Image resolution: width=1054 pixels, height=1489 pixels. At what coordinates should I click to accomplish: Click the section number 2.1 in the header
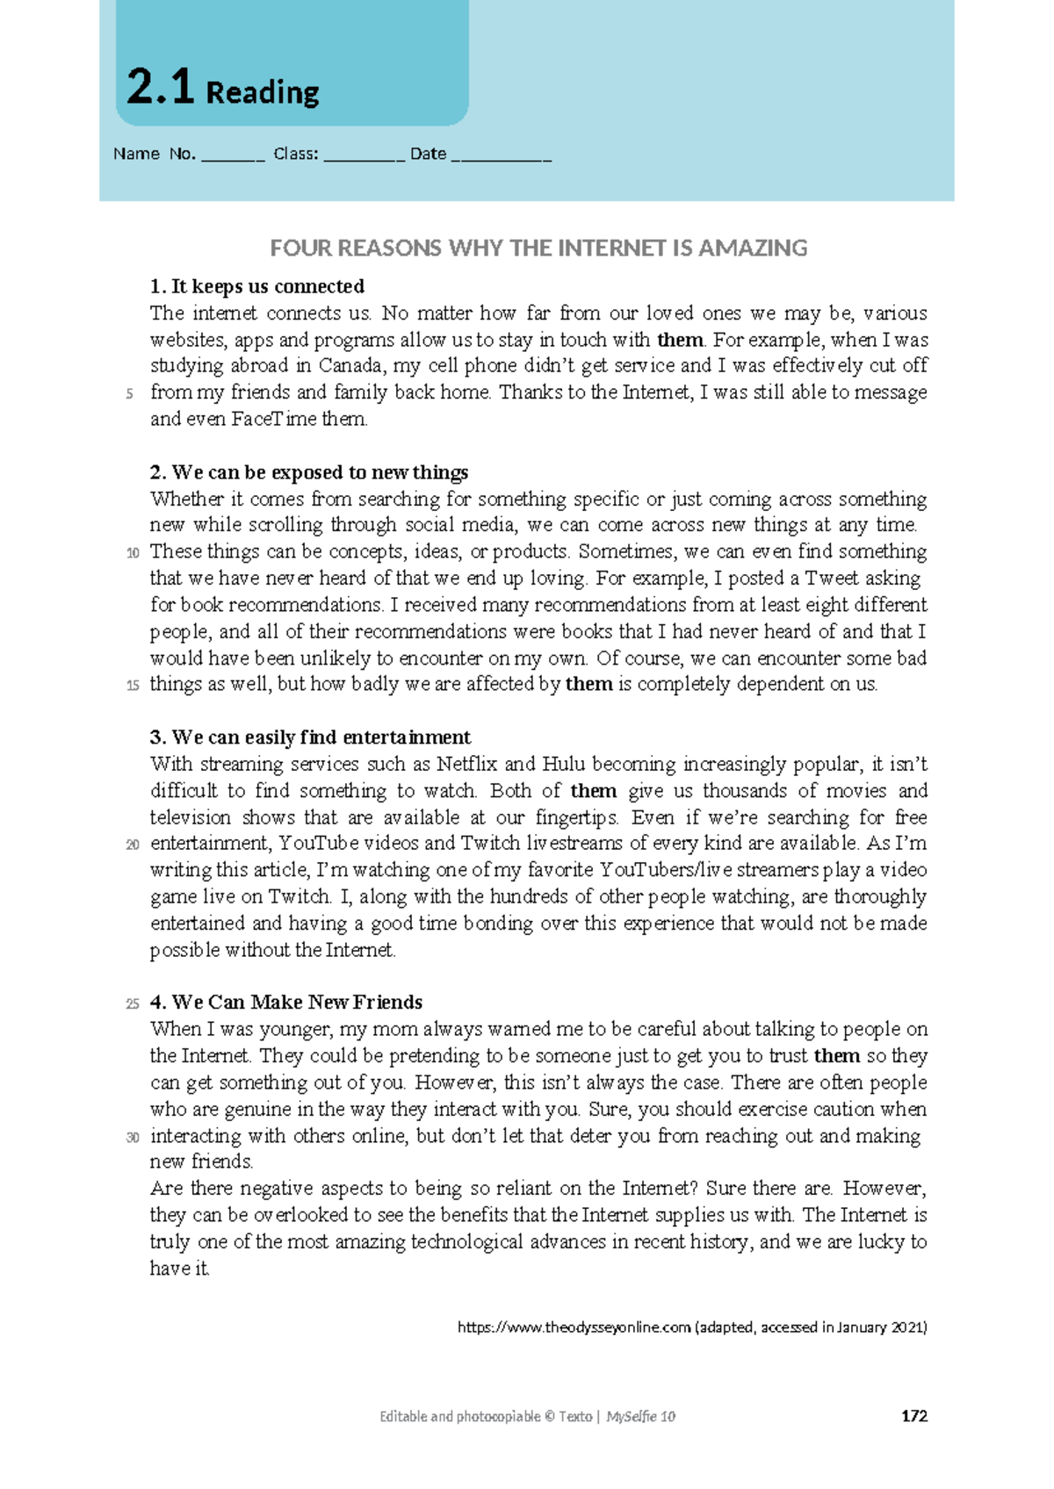click(x=160, y=88)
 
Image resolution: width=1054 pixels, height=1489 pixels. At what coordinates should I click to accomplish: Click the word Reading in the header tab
click(x=262, y=92)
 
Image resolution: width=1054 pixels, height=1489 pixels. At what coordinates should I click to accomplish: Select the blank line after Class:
click(x=364, y=155)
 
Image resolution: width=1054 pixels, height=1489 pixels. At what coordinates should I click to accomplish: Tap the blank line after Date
click(x=501, y=155)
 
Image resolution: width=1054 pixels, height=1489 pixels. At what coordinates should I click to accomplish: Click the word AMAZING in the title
click(x=753, y=248)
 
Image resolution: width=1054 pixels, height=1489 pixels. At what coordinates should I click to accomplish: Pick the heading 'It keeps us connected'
click(x=257, y=286)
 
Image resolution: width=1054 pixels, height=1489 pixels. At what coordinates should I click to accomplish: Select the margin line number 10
click(x=133, y=553)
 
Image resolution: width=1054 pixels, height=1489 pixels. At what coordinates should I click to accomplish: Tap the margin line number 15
click(x=133, y=686)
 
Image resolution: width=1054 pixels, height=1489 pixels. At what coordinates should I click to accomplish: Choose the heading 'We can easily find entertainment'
click(x=311, y=737)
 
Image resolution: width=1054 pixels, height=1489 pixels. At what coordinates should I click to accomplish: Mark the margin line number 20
click(x=133, y=845)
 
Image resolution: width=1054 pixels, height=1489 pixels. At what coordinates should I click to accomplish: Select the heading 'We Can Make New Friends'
click(x=286, y=1003)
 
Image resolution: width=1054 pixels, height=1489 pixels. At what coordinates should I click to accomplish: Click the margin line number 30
click(x=133, y=1138)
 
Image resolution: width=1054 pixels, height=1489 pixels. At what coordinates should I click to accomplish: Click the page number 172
click(x=914, y=1416)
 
